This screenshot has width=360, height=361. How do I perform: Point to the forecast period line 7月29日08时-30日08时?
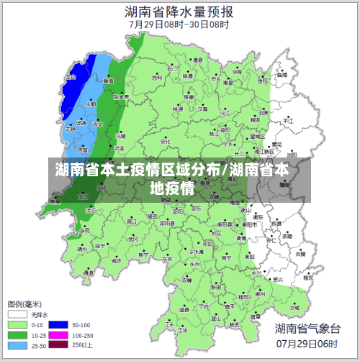pos(179,24)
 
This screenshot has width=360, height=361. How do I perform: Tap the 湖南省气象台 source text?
pos(307,329)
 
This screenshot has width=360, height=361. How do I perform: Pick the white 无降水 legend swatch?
pos(17,315)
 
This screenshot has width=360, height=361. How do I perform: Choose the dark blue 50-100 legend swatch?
pos(58,325)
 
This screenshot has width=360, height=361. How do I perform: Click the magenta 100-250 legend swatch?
pos(58,335)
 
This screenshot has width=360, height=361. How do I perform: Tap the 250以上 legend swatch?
pos(58,345)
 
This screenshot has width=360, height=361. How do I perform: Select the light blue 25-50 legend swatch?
pos(17,345)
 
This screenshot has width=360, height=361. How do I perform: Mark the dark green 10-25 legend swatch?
pos(17,335)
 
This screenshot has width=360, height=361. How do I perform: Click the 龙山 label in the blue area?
pos(71,78)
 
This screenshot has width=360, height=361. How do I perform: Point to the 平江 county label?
pos(288,122)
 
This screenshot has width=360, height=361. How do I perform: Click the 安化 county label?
pos(166,142)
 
